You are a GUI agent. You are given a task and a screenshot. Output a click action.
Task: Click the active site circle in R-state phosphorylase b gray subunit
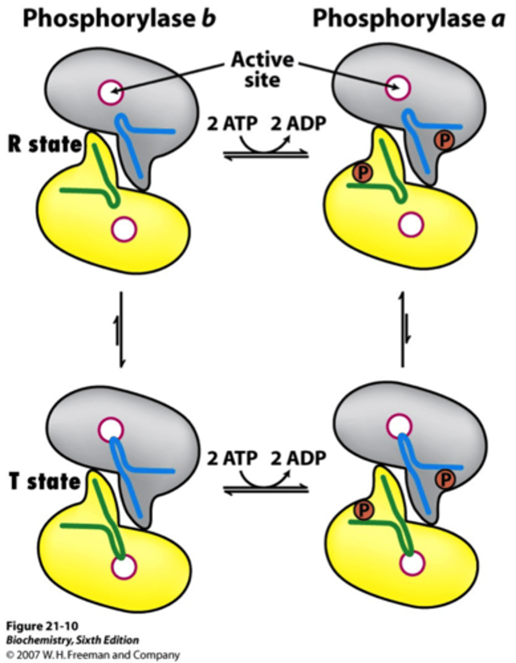click(111, 91)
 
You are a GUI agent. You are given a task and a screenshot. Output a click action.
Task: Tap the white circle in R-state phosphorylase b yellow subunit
click(123, 228)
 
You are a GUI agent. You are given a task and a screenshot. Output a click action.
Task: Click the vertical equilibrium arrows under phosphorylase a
click(402, 330)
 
